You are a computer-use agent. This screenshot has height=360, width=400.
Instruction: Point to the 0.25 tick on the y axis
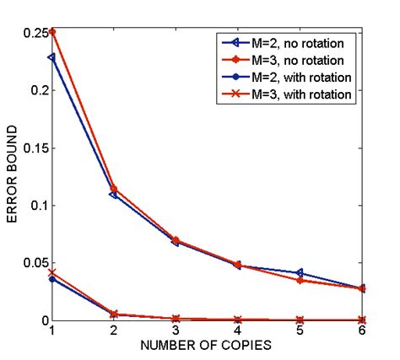coord(36,32)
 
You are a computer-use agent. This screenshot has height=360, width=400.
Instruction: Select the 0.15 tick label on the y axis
coord(36,148)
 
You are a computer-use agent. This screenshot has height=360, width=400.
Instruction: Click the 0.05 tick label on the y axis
coord(36,263)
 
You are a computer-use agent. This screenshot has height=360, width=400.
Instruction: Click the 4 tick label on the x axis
coord(238,331)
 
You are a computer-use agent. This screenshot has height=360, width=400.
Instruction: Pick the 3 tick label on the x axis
coord(176,331)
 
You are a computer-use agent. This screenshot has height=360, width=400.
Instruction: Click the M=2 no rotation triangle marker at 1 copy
coord(52,57)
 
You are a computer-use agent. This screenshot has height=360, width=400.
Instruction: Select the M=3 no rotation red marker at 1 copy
coord(52,32)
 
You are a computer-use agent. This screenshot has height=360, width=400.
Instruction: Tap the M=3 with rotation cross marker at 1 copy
coord(52,272)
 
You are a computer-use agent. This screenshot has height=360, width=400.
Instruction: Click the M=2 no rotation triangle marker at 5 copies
coord(300,273)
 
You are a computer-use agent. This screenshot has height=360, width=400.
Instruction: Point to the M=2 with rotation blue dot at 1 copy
coord(52,279)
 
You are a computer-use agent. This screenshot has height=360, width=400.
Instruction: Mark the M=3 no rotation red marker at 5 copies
coord(300,280)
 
